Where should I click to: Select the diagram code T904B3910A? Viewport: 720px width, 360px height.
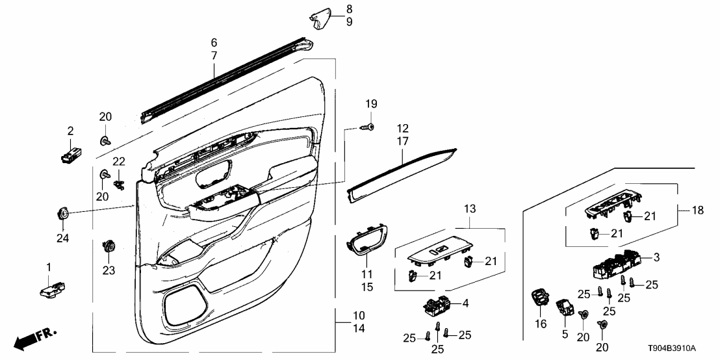(679, 348)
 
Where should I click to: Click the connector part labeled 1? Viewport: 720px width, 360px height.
(55, 289)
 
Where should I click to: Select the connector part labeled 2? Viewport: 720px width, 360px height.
(71, 157)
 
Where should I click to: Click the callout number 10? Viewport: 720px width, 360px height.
(359, 315)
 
